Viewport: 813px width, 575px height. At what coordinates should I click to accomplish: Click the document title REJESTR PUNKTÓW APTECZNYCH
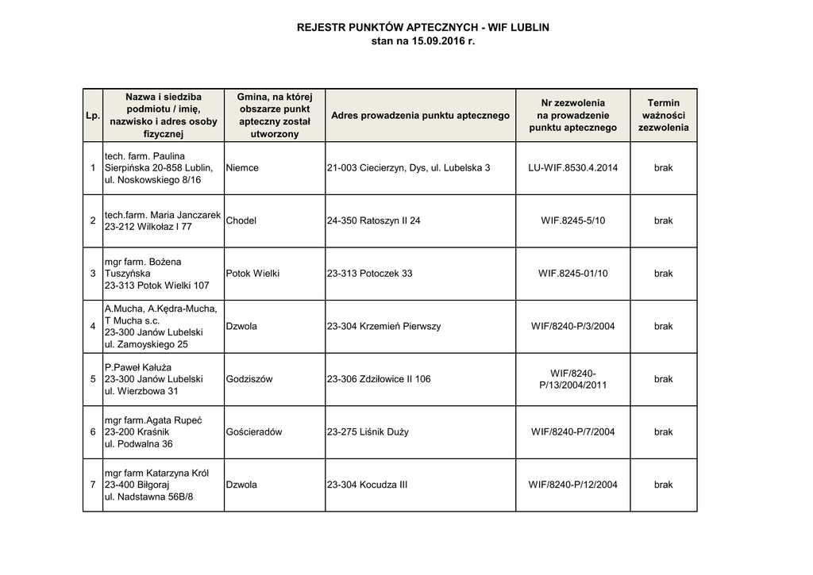click(422, 27)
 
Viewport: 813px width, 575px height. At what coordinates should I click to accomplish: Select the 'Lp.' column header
click(93, 116)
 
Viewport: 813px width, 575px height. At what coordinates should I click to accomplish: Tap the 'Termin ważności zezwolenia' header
click(663, 115)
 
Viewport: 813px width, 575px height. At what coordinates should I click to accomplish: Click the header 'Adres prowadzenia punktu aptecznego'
click(420, 116)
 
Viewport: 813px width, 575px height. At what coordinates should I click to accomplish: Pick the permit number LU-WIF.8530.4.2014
click(572, 168)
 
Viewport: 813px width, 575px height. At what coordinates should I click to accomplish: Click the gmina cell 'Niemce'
click(242, 168)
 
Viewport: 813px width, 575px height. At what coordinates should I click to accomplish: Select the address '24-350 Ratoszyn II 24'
click(373, 220)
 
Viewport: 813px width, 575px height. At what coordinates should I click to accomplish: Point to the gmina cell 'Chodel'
click(241, 220)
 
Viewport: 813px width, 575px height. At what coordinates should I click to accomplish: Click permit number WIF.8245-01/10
click(572, 274)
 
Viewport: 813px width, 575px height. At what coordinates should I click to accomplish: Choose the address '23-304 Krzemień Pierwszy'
click(383, 326)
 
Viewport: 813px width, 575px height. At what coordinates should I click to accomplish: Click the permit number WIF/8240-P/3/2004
click(572, 326)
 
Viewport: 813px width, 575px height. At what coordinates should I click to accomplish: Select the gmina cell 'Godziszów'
click(249, 379)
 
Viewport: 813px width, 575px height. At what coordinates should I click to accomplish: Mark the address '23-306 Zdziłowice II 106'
click(379, 379)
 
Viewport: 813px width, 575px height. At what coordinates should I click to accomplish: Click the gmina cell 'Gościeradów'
click(254, 432)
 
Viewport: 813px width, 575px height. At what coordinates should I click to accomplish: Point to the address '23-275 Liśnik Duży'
click(368, 432)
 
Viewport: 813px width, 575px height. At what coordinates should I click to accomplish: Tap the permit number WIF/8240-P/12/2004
click(572, 485)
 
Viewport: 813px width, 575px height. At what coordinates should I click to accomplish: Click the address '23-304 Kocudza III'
click(367, 485)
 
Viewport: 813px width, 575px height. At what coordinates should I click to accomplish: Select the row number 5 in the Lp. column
click(93, 379)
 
